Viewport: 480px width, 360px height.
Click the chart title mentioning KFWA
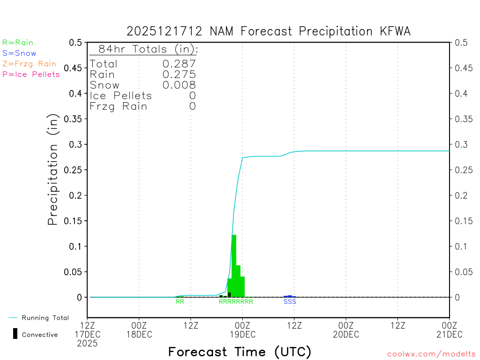[x=269, y=31]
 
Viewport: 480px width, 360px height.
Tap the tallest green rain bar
[x=234, y=265]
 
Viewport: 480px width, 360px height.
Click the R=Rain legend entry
[x=18, y=43]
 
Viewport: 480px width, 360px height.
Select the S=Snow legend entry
[x=19, y=53]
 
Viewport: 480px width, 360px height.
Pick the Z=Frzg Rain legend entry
[x=29, y=64]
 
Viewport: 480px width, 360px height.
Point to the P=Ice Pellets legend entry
[x=31, y=74]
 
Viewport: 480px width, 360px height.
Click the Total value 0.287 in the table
[x=179, y=64]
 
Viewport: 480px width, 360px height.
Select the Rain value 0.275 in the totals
[x=179, y=75]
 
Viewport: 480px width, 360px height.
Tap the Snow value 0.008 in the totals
[x=179, y=85]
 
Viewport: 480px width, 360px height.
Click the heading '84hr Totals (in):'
[x=144, y=49]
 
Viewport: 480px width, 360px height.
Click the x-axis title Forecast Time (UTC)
[x=240, y=352]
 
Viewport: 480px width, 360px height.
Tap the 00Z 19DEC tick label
[x=242, y=330]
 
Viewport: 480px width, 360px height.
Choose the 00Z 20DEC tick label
[x=346, y=330]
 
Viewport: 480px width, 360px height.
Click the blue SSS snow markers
[x=290, y=302]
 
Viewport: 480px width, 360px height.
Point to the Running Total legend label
[x=45, y=318]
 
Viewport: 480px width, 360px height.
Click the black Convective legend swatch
[x=15, y=334]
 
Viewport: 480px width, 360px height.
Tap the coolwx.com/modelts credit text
[x=431, y=354]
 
